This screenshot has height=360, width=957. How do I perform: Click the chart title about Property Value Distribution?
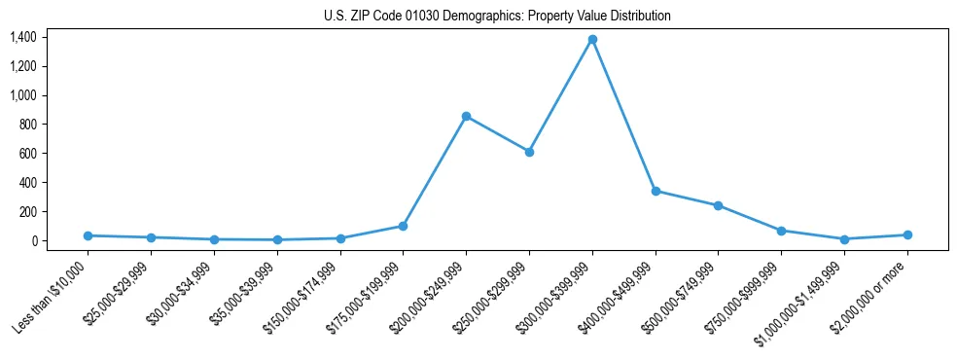pos(497,17)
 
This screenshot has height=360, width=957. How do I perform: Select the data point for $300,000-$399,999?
pos(592,39)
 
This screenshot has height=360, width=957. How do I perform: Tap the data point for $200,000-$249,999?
pos(466,116)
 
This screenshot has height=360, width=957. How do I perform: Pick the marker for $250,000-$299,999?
pos(529,152)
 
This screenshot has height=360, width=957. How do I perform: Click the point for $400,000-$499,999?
pos(656,191)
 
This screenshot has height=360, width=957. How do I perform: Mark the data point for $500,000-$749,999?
pos(718,205)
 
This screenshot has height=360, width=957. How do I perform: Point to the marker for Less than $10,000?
pos(88,235)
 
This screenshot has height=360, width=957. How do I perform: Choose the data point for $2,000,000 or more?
pos(907,234)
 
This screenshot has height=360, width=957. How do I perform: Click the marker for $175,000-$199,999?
pos(403,226)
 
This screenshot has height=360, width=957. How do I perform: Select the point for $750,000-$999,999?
pos(781,231)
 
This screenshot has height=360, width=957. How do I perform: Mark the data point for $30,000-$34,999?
pos(214,239)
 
